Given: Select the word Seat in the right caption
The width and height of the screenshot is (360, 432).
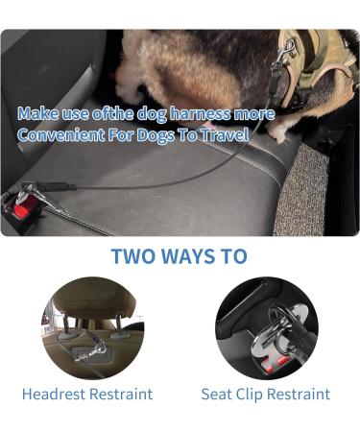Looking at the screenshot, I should (218, 394).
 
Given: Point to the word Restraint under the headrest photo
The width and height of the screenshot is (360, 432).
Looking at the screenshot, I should (122, 394).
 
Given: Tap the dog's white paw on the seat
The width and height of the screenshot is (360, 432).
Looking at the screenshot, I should (280, 134).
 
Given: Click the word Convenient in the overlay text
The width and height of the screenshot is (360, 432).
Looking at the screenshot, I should (57, 135).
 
